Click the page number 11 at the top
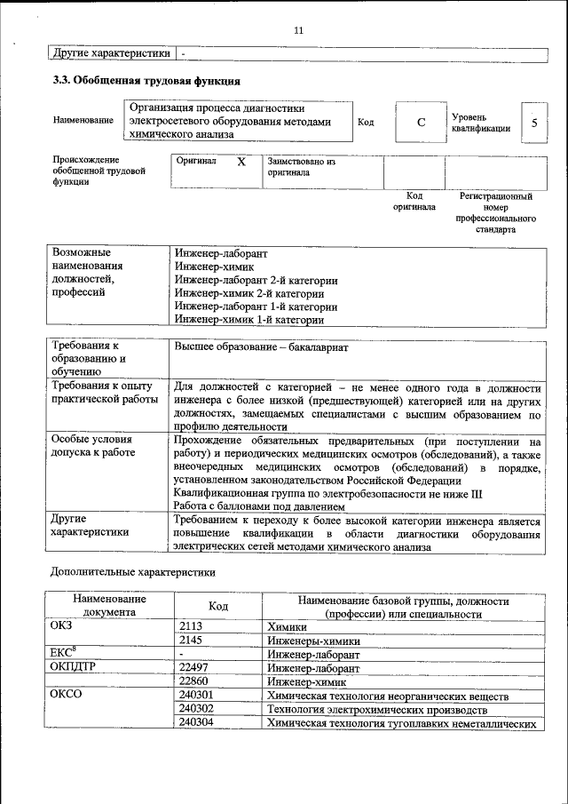pyautogui.click(x=298, y=30)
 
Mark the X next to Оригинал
pyautogui.click(x=241, y=163)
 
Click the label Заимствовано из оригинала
pyautogui.click(x=301, y=168)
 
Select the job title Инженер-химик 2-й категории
pyautogui.click(x=249, y=292)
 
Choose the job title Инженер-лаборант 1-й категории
pyautogui.click(x=256, y=306)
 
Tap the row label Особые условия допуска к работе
pyautogui.click(x=92, y=446)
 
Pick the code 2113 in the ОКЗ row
pyautogui.click(x=193, y=626)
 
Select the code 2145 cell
pyautogui.click(x=193, y=640)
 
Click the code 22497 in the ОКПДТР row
pyautogui.click(x=195, y=667)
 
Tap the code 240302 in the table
pyautogui.click(x=196, y=709)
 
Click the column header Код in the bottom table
pyautogui.click(x=217, y=606)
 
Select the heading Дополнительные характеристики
pyautogui.click(x=132, y=572)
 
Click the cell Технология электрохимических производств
pyautogui.click(x=377, y=709)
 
